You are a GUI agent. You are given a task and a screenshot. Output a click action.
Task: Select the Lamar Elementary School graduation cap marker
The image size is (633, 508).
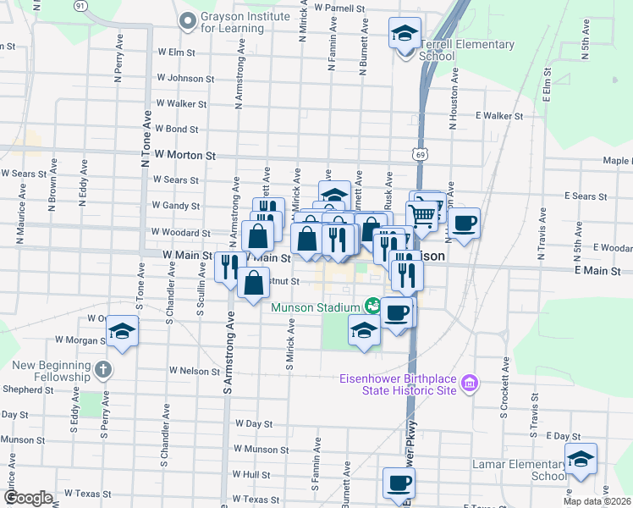581,460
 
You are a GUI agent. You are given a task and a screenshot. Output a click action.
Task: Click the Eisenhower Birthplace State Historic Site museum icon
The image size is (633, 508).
471,386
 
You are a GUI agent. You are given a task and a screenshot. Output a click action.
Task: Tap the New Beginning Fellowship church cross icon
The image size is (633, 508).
102,369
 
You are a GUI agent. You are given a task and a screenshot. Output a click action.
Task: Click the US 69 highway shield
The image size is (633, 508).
420,155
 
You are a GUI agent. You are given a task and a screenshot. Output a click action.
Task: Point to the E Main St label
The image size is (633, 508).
597,271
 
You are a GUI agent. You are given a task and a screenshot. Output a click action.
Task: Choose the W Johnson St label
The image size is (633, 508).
184,79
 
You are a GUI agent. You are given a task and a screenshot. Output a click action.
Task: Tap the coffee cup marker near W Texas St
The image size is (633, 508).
398,483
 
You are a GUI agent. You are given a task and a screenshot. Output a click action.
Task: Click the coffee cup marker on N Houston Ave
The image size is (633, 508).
464,224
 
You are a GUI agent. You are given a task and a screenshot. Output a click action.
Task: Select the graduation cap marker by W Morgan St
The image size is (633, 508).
123,331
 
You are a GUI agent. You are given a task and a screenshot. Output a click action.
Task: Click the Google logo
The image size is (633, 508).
28,497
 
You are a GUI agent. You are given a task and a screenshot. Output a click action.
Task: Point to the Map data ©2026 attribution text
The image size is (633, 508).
596,501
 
